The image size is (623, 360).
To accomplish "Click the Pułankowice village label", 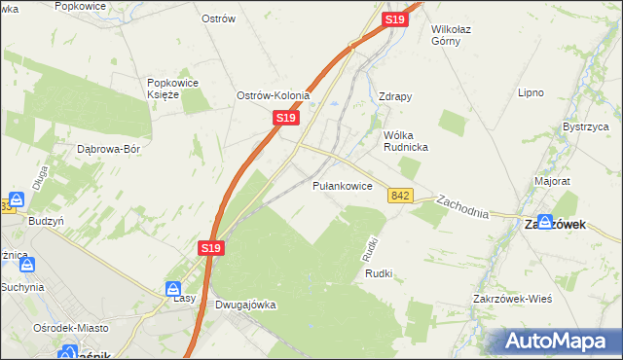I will point(342,185).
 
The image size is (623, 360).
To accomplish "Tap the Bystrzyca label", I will point(586,127).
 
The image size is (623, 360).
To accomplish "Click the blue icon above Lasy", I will point(173,288).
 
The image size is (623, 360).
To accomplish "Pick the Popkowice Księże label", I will point(172,89).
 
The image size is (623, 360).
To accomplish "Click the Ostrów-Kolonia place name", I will point(274,96).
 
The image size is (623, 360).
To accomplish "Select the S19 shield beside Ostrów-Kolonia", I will point(284,118).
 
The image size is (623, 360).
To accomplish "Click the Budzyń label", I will point(47,221).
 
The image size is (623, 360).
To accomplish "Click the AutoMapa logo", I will point(557,341).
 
